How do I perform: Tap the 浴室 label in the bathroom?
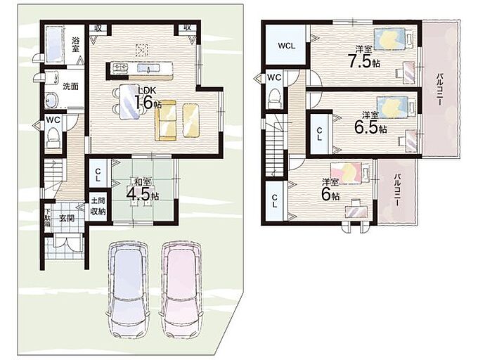75,44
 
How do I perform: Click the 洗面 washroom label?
70,86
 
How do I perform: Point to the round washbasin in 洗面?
51,101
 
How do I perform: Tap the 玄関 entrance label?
67,218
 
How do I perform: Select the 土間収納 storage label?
98,206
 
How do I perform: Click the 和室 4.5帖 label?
143,191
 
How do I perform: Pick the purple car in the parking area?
127,289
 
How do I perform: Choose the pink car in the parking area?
181,289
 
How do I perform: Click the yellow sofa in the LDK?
166,120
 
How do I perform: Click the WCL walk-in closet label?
287,46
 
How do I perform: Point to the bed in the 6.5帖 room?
396,107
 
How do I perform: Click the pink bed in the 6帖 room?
351,173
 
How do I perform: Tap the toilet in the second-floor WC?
275,98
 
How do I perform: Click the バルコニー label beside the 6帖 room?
396,191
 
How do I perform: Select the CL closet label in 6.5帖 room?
319,134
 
